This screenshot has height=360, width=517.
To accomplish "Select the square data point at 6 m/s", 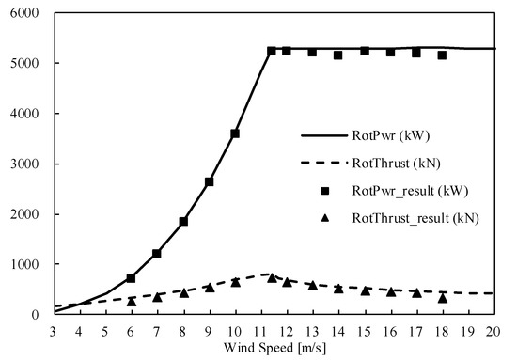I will point(132,278).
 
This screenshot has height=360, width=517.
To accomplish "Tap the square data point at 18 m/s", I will point(442,55).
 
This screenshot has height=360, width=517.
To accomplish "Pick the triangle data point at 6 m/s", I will point(132,301).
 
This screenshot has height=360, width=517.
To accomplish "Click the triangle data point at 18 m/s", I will point(442,297).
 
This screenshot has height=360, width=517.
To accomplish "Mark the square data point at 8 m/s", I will point(183,222).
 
